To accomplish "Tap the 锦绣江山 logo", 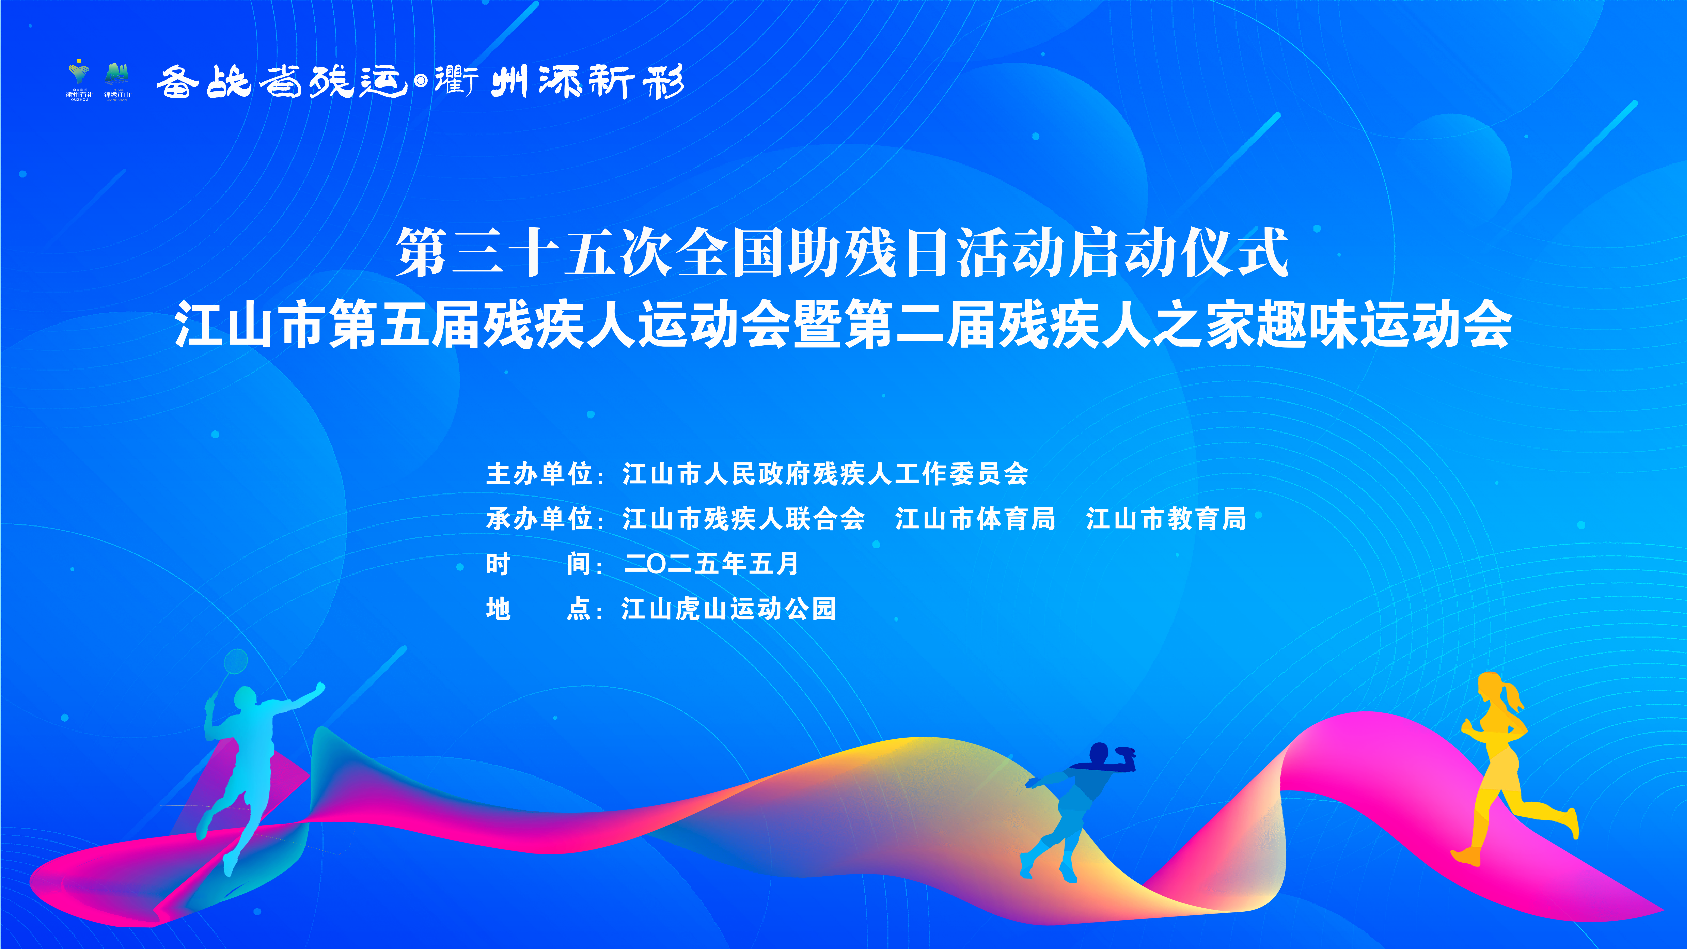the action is (x=117, y=81).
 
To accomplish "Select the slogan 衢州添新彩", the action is (x=560, y=82).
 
